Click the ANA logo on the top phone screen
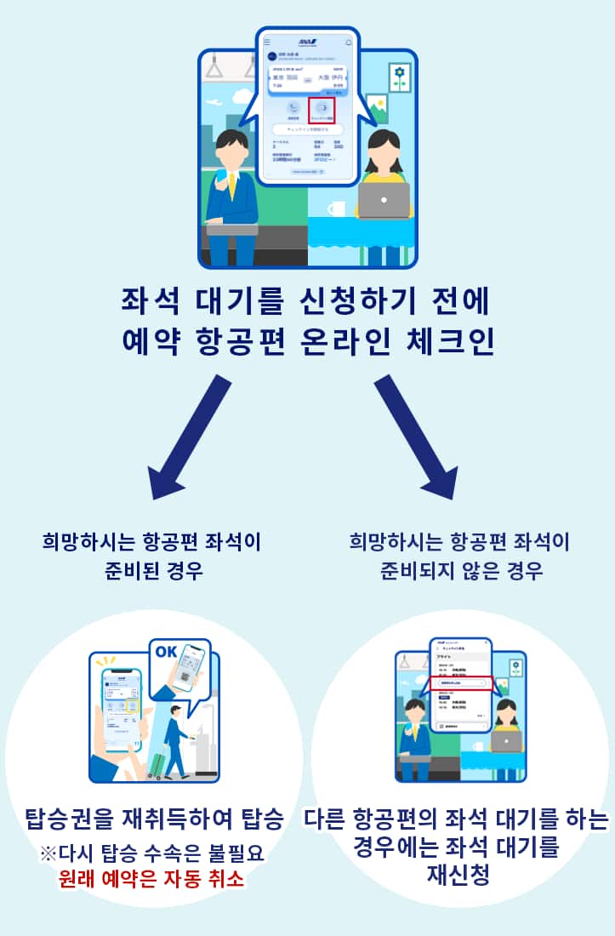[x=307, y=42]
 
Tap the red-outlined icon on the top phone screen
[x=322, y=110]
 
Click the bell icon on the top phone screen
[x=348, y=42]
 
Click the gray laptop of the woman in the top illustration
[x=384, y=200]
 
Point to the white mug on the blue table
[x=335, y=208]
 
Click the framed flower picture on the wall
[x=399, y=77]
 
